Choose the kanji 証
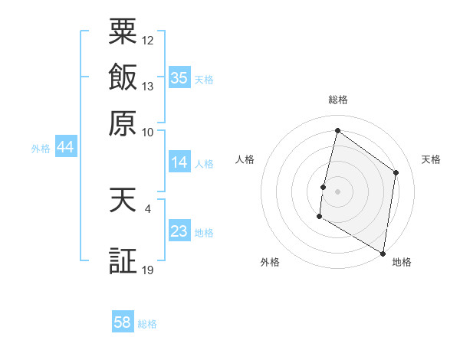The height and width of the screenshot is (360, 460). coord(123,261)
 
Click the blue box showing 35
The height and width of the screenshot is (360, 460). coord(179,78)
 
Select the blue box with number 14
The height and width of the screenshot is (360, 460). coord(179,162)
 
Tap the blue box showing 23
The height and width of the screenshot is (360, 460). coord(179,231)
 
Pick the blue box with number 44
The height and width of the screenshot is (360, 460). coord(65,148)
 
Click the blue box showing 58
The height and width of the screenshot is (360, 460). coord(123,322)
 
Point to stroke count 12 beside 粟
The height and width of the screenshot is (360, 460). coord(148,39)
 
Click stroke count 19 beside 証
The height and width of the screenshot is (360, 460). coord(148,270)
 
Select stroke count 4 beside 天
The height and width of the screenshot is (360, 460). coord(147,208)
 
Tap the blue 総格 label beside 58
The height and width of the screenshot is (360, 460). coord(148,324)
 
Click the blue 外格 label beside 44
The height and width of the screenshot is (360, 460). coord(41,149)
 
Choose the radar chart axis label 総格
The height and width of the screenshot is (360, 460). coord(337,100)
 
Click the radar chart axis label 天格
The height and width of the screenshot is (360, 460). coord(431,159)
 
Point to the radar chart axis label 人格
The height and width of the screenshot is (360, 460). coord(245,159)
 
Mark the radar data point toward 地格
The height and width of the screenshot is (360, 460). coord(383,253)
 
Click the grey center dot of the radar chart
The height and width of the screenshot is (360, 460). coord(337,191)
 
